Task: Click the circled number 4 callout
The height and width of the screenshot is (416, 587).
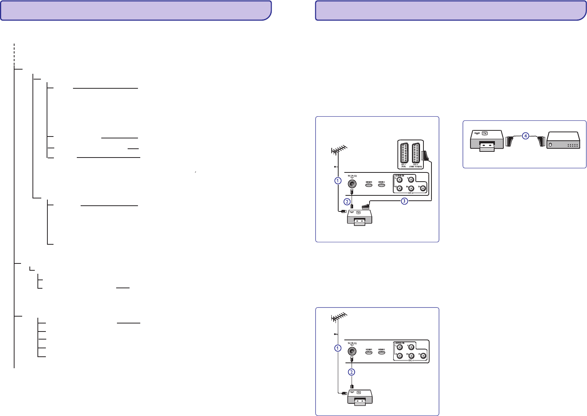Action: coord(525,136)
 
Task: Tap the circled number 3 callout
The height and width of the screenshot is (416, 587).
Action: coord(404,201)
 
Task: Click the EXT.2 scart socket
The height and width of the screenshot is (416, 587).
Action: coord(416,154)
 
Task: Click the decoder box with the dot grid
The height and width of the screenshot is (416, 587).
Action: coord(564,141)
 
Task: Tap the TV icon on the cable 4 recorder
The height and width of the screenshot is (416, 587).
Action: coord(485,133)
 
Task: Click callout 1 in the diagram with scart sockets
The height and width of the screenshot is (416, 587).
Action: coord(337,180)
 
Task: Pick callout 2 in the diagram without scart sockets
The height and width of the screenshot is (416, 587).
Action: coord(352,372)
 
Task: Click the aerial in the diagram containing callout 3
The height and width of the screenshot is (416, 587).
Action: coord(339,149)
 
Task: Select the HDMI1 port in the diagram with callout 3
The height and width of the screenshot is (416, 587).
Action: coord(369,185)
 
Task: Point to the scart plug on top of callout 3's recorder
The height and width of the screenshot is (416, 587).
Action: coord(363,206)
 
